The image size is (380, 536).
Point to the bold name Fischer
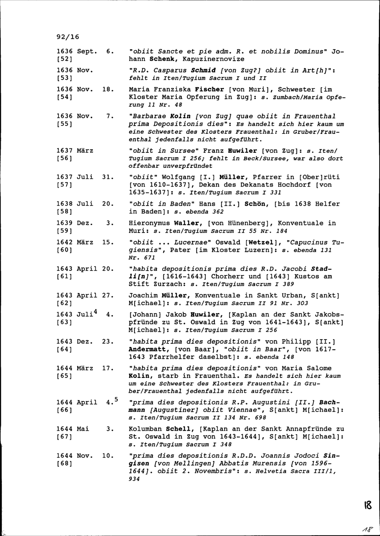(210, 90)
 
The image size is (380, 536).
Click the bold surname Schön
(257, 204)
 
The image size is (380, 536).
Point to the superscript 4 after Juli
(95, 312)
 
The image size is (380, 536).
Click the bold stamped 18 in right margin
(368, 505)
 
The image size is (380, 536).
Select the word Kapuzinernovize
(213, 59)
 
